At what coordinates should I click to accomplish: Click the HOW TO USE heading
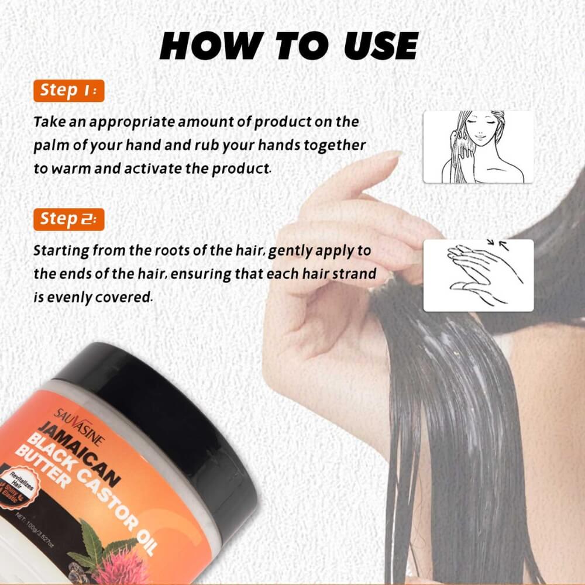pos(289,46)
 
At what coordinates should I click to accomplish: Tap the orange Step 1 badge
pos(68,91)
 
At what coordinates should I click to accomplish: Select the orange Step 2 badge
pos(68,219)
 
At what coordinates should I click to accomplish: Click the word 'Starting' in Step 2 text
pos(61,252)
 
